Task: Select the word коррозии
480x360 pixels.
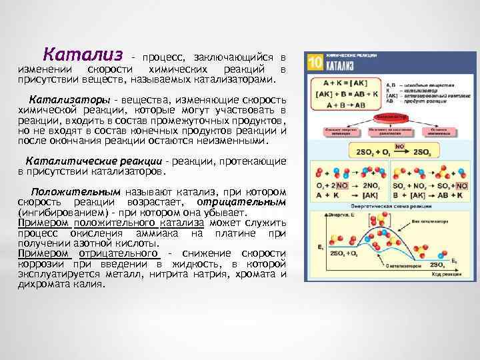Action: tap(39, 264)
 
